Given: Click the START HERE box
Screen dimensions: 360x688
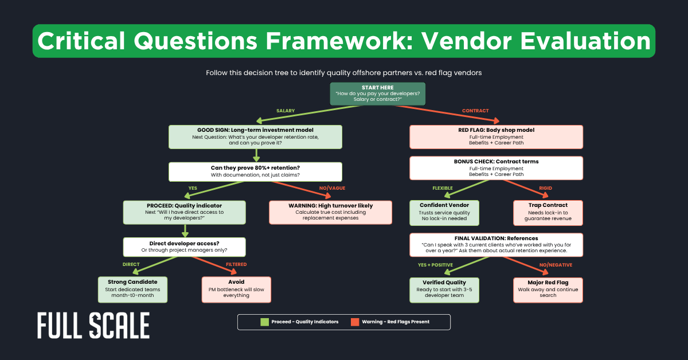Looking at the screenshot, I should (x=378, y=93).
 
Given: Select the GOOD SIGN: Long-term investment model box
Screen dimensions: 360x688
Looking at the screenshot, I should (x=255, y=137).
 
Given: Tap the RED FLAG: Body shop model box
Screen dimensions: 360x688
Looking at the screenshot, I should (x=496, y=137).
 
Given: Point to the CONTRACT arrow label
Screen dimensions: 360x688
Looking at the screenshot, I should (x=475, y=110).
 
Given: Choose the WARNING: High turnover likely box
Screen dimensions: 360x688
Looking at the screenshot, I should (x=331, y=212).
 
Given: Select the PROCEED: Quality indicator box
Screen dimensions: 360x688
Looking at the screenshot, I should (x=184, y=212).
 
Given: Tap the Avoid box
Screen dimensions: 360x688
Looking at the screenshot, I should (x=236, y=289).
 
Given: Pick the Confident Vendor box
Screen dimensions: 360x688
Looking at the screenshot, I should (x=444, y=212).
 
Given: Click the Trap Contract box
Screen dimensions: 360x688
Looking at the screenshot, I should (x=548, y=212).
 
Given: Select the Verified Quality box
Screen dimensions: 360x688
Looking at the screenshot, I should (x=444, y=289).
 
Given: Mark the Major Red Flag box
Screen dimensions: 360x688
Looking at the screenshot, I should (x=548, y=289).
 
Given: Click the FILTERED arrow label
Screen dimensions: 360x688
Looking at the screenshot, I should (x=236, y=264).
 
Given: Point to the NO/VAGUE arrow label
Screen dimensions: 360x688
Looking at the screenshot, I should (x=331, y=187).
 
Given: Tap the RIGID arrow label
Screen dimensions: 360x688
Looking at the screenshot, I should (x=545, y=187).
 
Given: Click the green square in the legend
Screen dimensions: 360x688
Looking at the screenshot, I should (x=264, y=322).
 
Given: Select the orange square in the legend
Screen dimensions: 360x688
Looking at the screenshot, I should (x=355, y=322).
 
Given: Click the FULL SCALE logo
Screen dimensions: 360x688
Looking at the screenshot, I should (x=93, y=326).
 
